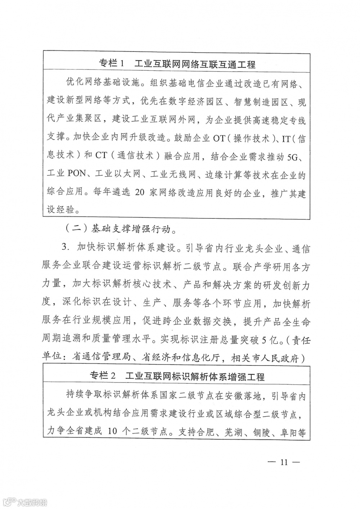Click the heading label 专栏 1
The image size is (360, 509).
112,64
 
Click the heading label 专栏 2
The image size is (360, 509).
103,376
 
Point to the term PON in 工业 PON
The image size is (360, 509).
76,174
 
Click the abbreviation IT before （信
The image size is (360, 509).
283,139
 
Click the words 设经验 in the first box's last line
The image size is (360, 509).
60,210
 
